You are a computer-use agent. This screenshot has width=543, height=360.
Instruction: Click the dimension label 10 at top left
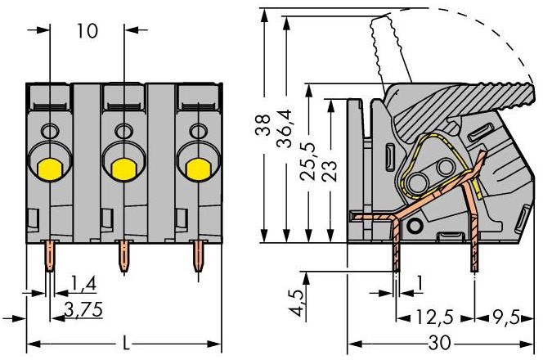pyautogui.click(x=88, y=31)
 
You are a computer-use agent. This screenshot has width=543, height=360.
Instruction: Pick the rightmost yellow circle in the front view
pyautogui.click(x=195, y=168)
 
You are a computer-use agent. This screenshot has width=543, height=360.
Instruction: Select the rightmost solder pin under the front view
pyautogui.click(x=196, y=257)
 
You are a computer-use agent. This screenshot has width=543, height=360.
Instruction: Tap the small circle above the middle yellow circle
pyautogui.click(x=123, y=131)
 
